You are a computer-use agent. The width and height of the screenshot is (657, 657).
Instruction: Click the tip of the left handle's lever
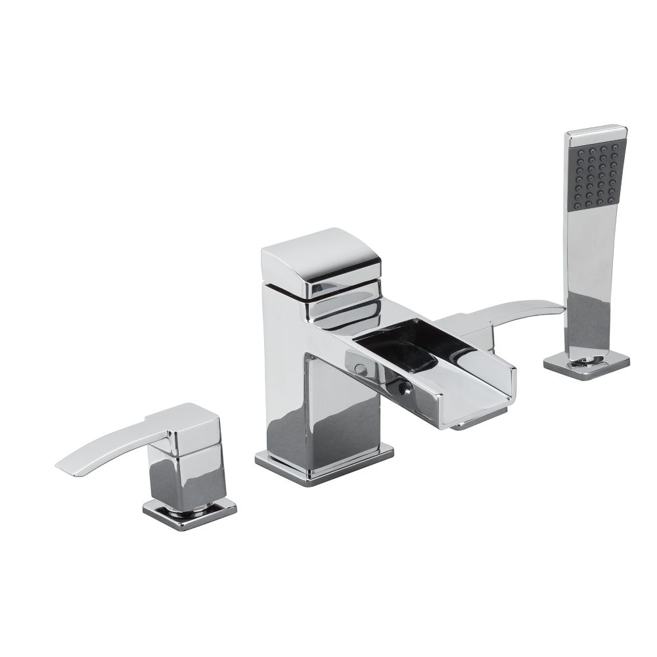60,466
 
